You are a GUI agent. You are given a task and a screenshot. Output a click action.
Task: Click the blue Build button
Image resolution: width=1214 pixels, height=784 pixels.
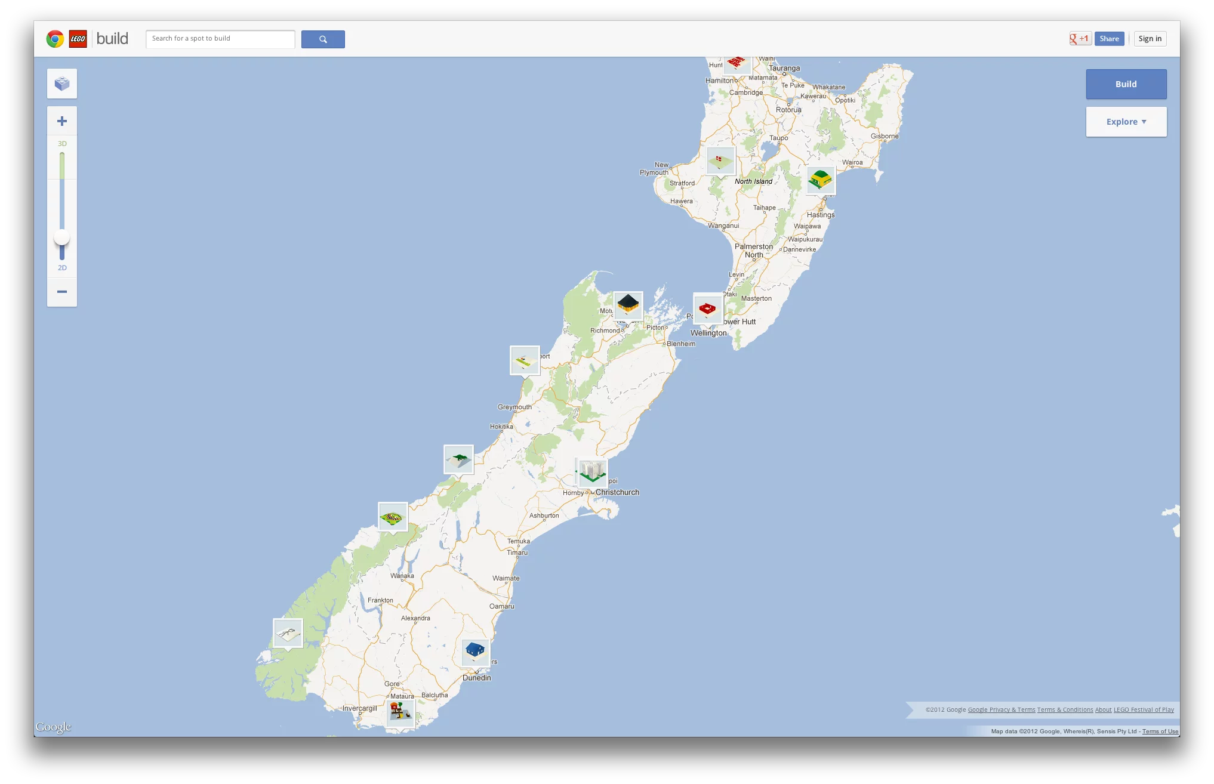click(1126, 84)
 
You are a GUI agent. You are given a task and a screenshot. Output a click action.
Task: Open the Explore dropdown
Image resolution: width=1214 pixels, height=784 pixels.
click(1126, 122)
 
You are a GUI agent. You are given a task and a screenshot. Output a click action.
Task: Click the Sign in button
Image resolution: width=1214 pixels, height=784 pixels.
click(1150, 39)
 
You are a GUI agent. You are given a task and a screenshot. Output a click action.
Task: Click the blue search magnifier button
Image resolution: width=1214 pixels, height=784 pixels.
click(323, 39)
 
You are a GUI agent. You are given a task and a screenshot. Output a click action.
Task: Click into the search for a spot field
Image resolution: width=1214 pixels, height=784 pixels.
click(220, 39)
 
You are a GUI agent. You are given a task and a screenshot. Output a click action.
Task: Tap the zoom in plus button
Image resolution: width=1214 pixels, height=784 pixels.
click(62, 121)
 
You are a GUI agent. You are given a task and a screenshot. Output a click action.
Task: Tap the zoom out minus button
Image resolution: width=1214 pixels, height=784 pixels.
click(62, 292)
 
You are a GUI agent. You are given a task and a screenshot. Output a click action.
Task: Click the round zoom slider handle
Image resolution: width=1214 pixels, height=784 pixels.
click(62, 238)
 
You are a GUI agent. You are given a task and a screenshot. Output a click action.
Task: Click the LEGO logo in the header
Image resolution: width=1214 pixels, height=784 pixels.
click(78, 39)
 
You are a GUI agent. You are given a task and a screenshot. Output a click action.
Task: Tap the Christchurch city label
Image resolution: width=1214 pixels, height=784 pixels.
click(617, 492)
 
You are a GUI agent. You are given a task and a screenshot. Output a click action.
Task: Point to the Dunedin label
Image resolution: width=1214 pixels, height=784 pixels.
click(477, 678)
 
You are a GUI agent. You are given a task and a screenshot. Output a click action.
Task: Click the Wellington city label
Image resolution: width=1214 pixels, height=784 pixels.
click(708, 333)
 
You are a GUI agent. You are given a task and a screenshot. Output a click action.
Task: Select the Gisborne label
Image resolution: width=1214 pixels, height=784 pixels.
click(885, 136)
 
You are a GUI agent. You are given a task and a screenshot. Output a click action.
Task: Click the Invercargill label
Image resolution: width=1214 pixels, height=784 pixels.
click(360, 708)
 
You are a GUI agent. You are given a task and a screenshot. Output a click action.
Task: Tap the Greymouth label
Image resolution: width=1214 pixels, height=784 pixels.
click(514, 407)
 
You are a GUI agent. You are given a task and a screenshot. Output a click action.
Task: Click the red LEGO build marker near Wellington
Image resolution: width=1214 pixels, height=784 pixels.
click(707, 308)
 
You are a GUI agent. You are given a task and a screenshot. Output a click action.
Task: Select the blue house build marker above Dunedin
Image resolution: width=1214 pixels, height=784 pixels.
click(475, 651)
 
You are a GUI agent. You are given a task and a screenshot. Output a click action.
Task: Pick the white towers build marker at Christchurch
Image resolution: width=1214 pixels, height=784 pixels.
click(593, 472)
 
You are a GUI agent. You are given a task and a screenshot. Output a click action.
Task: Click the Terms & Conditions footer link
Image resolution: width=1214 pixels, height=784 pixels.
click(1065, 710)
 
